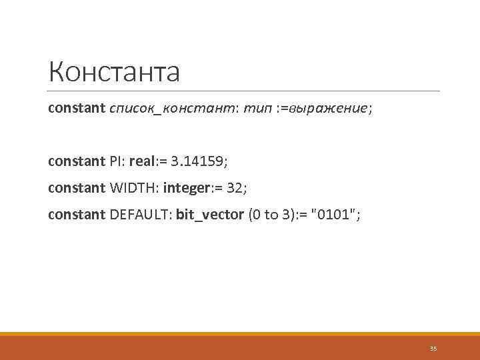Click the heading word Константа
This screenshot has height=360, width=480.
click(114, 72)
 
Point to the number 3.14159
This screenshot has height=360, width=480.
click(198, 161)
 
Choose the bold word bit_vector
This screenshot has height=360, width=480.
click(209, 214)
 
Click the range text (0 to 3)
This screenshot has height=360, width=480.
click(271, 214)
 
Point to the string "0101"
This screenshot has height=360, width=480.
click(338, 214)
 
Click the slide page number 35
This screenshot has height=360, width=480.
click(433, 348)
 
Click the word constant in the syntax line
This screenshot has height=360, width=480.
click(76, 108)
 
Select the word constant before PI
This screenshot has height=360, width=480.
click(76, 161)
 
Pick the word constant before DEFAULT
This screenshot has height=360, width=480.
click(76, 214)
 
